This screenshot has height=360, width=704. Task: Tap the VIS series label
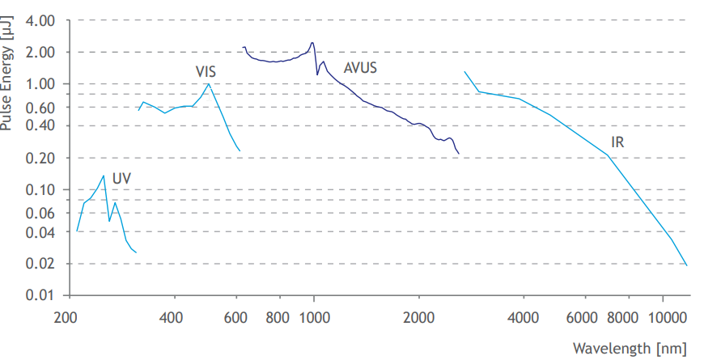coord(206,72)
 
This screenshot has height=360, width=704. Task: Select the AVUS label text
coord(360,67)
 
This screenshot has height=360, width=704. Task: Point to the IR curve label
coord(617,142)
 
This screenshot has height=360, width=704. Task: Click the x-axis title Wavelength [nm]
coord(630,348)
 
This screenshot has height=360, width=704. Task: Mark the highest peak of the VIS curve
coord(209,83)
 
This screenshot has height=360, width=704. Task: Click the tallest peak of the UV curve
coord(104,176)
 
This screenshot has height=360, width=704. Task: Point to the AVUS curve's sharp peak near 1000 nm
coord(312,42)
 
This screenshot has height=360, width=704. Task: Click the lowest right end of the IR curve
coord(687,265)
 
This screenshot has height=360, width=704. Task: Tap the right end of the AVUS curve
coord(459,154)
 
